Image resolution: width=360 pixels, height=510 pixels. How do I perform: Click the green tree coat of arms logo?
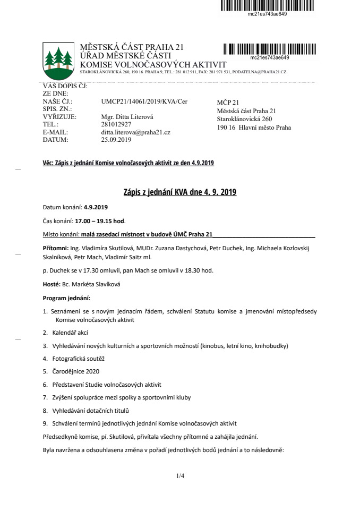(58, 58)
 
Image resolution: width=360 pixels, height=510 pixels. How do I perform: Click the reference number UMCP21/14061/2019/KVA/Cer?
(144, 101)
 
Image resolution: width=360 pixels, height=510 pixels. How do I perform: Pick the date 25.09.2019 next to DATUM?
(116, 140)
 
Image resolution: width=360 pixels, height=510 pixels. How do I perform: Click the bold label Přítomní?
(55, 248)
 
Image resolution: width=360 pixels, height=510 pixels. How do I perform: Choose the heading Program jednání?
(66, 297)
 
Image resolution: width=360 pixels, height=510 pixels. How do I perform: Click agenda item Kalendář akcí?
(70, 333)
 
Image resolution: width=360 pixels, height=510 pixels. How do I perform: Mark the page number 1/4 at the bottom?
(181, 476)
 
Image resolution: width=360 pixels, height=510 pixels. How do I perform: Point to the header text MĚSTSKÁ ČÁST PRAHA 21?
(132, 48)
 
